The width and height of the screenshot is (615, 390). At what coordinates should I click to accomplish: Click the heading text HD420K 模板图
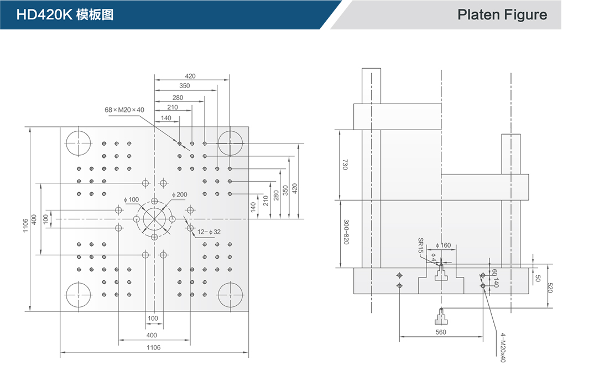(x=65, y=15)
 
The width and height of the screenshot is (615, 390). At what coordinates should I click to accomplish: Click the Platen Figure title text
(x=502, y=15)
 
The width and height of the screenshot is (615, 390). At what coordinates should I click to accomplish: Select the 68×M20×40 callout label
(x=124, y=110)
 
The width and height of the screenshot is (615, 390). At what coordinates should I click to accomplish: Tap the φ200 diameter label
(x=180, y=194)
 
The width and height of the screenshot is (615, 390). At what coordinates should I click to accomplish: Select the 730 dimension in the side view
(x=345, y=165)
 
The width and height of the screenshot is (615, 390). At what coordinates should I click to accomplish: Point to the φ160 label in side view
(x=444, y=245)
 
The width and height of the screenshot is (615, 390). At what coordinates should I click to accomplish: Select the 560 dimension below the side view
(x=441, y=332)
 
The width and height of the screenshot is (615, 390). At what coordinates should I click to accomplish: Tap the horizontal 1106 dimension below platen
(x=153, y=347)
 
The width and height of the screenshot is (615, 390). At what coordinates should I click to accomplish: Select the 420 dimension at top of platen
(x=190, y=76)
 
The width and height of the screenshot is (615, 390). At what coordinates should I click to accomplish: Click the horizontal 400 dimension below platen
(x=152, y=335)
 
